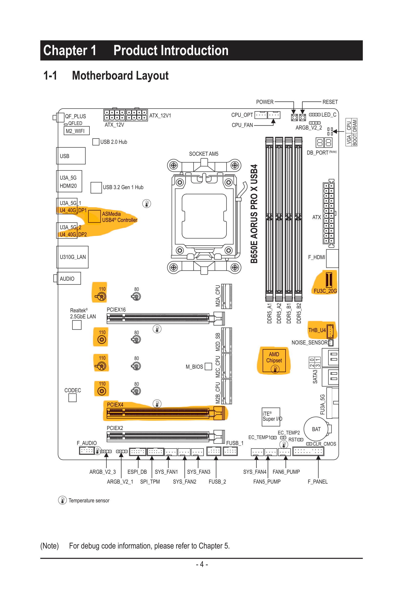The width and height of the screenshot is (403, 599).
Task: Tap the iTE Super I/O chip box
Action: pos(271,417)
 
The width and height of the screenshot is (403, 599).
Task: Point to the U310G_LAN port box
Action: pos(73,257)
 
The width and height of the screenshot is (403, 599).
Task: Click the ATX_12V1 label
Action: pos(160,116)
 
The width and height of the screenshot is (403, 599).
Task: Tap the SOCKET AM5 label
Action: pos(204,154)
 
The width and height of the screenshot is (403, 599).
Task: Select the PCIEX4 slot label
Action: pos(115,405)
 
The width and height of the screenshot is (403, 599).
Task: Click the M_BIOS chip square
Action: pos(208,366)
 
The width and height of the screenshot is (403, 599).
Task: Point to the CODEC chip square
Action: pos(72,398)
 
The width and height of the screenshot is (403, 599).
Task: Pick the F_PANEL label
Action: pos(318,481)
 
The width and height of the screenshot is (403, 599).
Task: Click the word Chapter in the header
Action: pos(65,50)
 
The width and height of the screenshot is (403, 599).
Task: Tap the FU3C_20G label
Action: pos(325,291)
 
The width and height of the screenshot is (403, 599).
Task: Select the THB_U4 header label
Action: pos(317,330)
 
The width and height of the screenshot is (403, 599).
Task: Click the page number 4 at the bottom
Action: pos(202,564)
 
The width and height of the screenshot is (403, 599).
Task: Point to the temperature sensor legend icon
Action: pos(62,500)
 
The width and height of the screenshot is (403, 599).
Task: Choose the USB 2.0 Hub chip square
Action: pos(96,142)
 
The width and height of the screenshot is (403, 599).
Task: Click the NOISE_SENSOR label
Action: pos(309,342)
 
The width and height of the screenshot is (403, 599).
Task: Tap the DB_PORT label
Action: pos(318,153)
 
